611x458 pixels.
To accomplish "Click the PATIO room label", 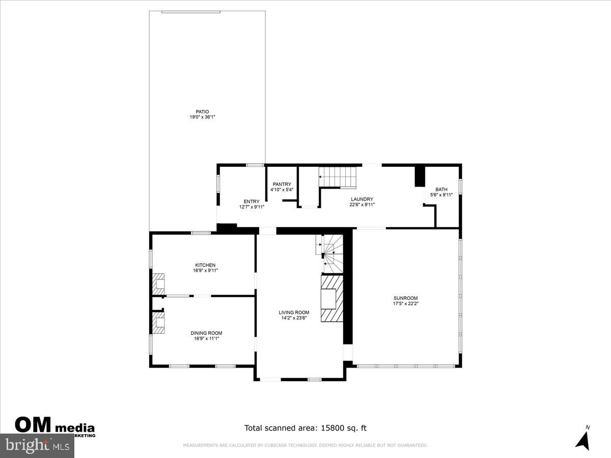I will coord(203,112).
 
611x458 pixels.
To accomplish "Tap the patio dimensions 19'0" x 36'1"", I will coord(203,118).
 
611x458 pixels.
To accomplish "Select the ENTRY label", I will coord(252,202).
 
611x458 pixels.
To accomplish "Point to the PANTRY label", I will coord(282,184).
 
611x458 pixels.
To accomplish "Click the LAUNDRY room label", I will coord(362,199).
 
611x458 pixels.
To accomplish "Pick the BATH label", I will coord(441,189).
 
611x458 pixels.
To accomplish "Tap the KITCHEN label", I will coord(205,265).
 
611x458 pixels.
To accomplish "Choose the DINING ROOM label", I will coord(206,333).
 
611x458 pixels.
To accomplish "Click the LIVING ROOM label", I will coord(294,312).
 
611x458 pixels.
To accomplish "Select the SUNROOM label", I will coord(406,298).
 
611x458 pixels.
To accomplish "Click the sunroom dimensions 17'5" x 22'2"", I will coord(406,304).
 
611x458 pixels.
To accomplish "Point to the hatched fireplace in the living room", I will coord(331,299).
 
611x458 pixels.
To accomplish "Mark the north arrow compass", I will coord(583,439).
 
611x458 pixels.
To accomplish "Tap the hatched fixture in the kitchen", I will coord(158,282).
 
